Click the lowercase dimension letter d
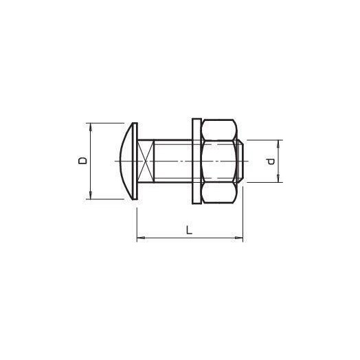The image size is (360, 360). coord(271,162)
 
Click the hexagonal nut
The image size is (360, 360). coord(220,161)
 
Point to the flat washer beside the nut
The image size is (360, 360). coord(194,161)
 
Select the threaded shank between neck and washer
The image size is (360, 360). coord(172,161)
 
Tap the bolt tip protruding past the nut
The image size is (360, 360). coord(242,161)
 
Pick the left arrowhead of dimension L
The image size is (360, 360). coord(140,238)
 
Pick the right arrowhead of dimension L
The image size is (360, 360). coord(240,238)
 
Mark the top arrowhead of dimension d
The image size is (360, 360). coord(279,143)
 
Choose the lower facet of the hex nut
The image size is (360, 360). coord(220,192)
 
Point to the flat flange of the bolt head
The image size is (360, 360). coord(135,161)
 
